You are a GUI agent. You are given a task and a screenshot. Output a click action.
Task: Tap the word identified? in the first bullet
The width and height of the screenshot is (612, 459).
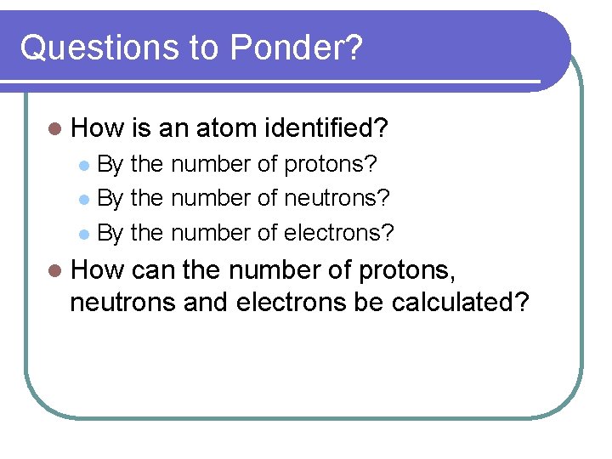(326, 129)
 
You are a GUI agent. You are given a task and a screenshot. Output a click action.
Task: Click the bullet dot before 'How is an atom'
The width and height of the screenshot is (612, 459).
(55, 130)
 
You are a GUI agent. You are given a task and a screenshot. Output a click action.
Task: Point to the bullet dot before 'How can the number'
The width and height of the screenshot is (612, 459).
(55, 271)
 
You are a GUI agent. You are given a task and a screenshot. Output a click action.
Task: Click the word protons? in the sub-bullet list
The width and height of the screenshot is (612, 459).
(331, 163)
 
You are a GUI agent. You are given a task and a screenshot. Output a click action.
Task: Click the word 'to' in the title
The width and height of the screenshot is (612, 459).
(203, 49)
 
